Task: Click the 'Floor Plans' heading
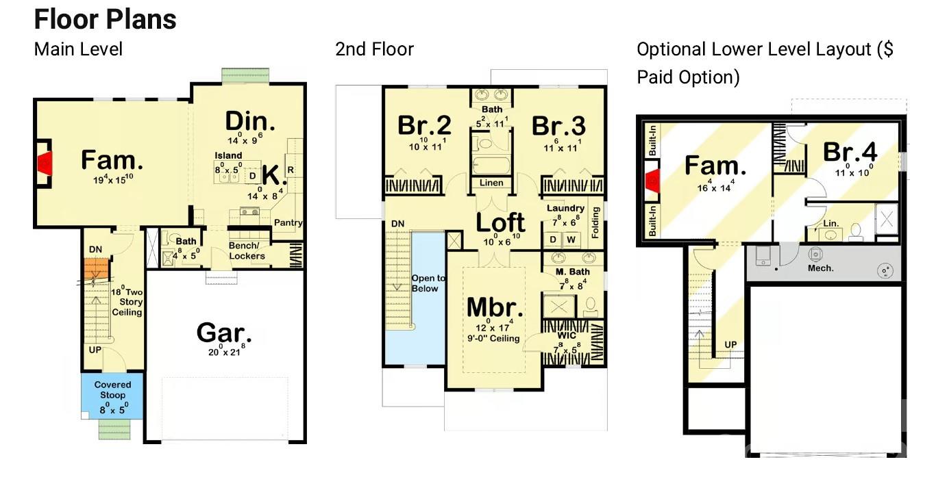tap(105, 19)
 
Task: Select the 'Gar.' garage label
tap(223, 333)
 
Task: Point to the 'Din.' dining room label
tap(250, 122)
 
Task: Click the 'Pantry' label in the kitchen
tap(288, 223)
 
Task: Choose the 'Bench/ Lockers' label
tap(247, 251)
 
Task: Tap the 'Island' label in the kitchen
tap(228, 156)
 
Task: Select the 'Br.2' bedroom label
tap(424, 126)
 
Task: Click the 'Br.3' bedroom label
tap(558, 126)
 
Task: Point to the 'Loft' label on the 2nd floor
tap(500, 222)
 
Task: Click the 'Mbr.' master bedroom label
tap(495, 307)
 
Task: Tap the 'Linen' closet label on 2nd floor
tap(491, 183)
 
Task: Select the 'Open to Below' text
tap(428, 283)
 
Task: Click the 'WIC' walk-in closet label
tap(567, 336)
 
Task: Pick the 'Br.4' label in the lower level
tap(850, 152)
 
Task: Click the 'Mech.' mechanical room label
tap(820, 268)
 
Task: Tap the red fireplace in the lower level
tap(652, 181)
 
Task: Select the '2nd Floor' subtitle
tap(374, 49)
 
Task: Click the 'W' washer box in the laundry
tap(571, 240)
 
